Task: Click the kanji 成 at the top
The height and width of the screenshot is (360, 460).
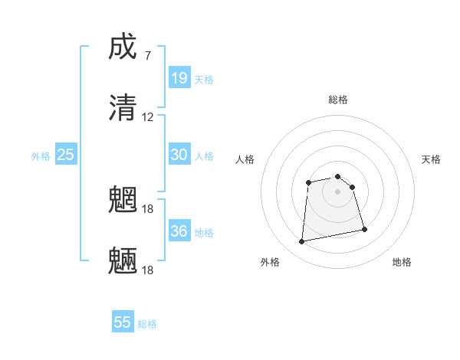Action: (123, 47)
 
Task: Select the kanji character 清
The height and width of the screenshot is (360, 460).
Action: (123, 107)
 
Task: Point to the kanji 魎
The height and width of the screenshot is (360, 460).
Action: (123, 260)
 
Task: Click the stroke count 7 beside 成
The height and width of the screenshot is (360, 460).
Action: (148, 56)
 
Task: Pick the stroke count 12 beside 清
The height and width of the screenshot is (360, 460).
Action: (148, 117)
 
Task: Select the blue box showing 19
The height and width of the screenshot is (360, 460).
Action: (179, 77)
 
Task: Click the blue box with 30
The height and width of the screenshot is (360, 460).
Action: (179, 154)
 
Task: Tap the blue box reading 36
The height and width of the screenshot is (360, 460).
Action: (179, 231)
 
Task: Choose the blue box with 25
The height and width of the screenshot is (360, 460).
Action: (66, 155)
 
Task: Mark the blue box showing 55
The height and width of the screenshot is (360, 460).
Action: (123, 322)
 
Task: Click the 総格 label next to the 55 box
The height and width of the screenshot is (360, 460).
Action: (147, 324)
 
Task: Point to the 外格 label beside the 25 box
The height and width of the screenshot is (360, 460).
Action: (41, 156)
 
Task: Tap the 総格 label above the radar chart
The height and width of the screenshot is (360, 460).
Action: (338, 100)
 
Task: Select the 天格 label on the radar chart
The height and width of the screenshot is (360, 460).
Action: (432, 159)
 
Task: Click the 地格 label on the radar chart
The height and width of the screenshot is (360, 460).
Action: (402, 262)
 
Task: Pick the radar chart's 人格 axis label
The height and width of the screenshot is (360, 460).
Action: (245, 159)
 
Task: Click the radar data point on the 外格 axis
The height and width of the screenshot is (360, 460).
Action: (302, 242)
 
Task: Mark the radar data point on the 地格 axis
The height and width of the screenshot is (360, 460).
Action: (364, 229)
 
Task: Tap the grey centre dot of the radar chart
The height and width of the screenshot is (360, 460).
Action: (337, 191)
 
